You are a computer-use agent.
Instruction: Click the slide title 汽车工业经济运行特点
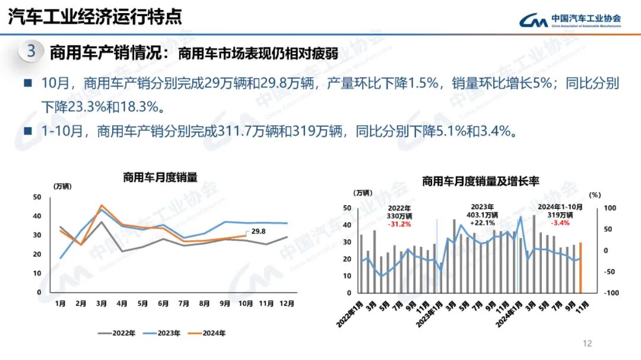[x=94, y=17]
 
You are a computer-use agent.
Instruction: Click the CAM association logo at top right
[x=570, y=20]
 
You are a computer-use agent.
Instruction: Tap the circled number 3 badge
[x=31, y=52]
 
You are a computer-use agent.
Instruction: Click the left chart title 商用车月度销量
[x=160, y=176]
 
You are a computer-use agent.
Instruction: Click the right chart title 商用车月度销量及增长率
[x=480, y=181]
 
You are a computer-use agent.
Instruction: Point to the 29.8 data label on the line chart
[x=258, y=232]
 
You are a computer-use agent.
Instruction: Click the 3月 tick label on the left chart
[x=101, y=304]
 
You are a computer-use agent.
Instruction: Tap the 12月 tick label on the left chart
[x=287, y=304]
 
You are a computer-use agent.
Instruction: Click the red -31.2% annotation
[x=400, y=224]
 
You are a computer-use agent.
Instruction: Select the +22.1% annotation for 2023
[x=481, y=222]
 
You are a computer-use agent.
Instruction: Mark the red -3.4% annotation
[x=560, y=223]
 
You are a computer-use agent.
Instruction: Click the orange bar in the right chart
[x=580, y=267]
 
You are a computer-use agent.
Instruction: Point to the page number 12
[x=588, y=343]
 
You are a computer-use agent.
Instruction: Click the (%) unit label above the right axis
[x=595, y=194]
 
